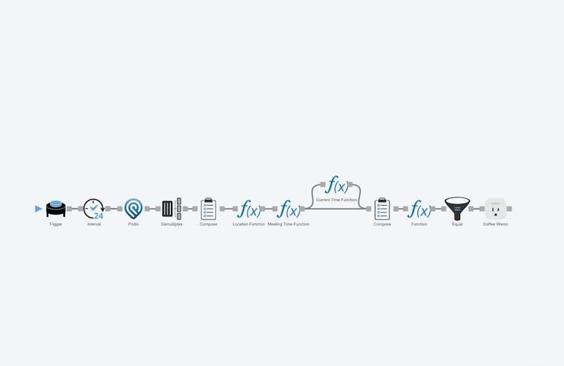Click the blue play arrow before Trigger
[x=38, y=209]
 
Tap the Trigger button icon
[x=56, y=209]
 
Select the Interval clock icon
[x=94, y=209]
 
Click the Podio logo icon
[x=133, y=209]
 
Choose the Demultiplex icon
[x=172, y=209]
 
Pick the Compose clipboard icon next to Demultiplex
[x=209, y=209]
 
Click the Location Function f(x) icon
[x=249, y=209]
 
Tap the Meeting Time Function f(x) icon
[x=288, y=209]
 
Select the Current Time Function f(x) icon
[x=337, y=185]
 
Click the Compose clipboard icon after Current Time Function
[x=382, y=209]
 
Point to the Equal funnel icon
[x=457, y=209]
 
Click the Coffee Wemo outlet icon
[x=496, y=209]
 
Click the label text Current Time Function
[x=337, y=200]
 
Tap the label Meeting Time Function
[x=288, y=224]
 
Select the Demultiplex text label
[x=172, y=224]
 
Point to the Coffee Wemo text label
[x=496, y=224]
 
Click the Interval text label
[x=94, y=224]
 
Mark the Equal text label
[x=457, y=224]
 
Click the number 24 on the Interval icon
[x=98, y=216]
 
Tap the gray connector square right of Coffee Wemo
[x=509, y=209]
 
